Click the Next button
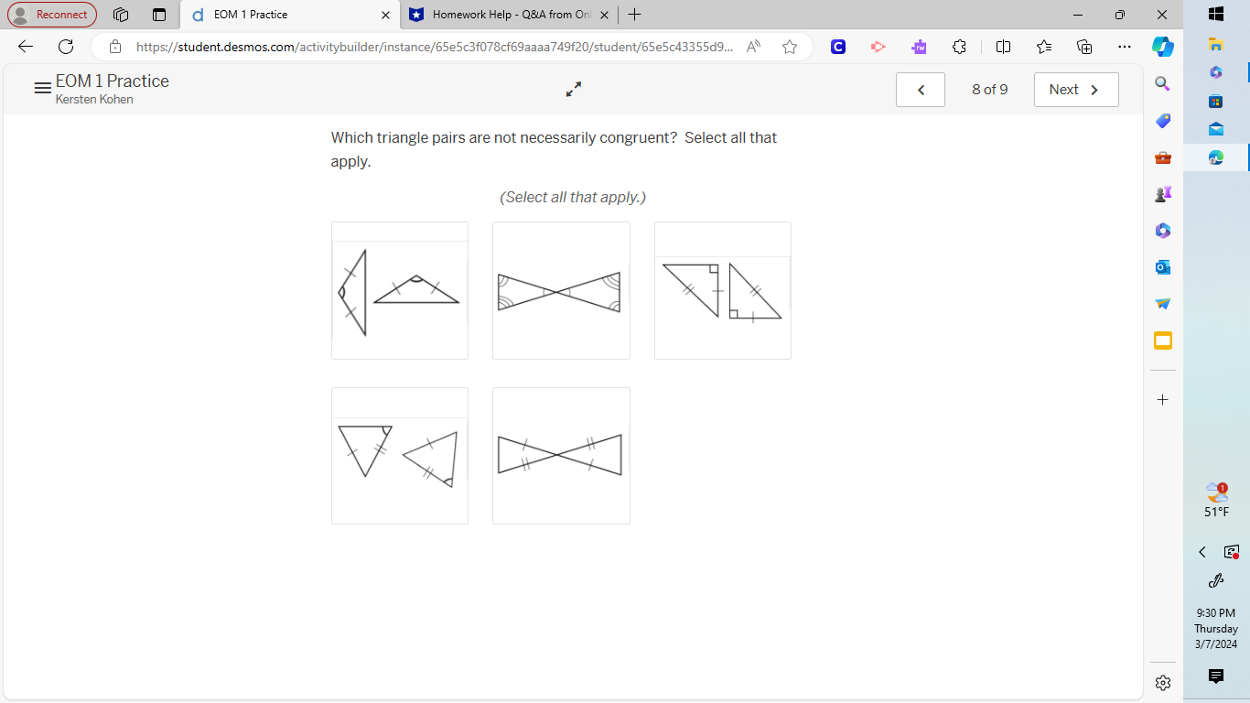tap(1075, 90)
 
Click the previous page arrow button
tap(921, 90)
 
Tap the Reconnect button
tap(52, 15)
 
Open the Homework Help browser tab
tap(509, 15)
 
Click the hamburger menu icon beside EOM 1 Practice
tap(42, 89)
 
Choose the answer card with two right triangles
tap(722, 291)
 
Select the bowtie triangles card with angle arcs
tap(561, 291)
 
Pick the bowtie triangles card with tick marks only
tap(561, 456)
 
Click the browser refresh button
tap(66, 47)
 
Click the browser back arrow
tap(26, 47)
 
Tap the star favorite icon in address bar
tap(790, 47)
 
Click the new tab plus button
tap(635, 15)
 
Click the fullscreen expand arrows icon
tap(574, 89)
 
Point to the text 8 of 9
tap(989, 90)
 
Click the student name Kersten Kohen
tap(94, 100)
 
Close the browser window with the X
tap(1162, 15)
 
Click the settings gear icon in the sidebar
tap(1163, 683)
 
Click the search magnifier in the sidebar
tap(1162, 84)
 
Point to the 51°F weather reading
tap(1216, 512)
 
